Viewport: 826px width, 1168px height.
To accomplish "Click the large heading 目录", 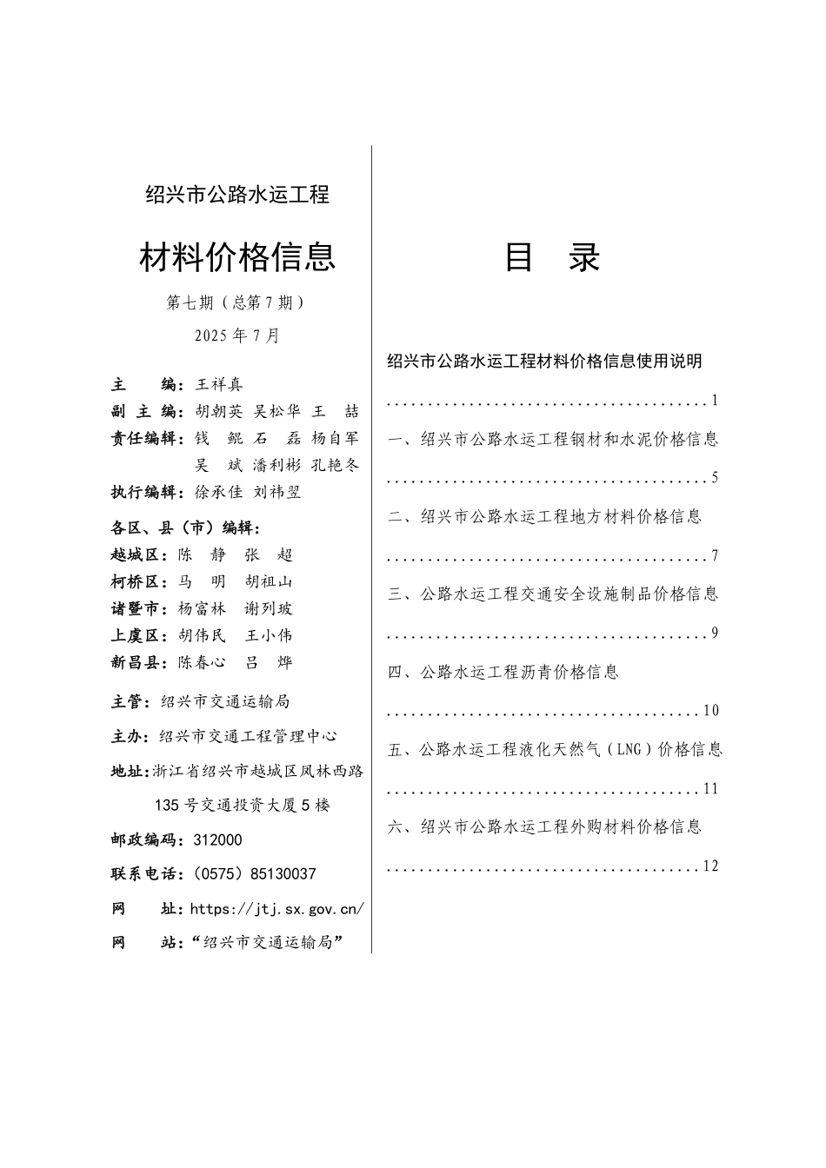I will point(552,258).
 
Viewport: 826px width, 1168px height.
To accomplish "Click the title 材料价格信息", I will point(237,257).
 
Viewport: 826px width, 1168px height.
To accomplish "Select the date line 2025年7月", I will point(237,335).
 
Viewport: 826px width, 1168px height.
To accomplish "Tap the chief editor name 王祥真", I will point(219,384).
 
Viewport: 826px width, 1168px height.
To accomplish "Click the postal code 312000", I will point(218,840).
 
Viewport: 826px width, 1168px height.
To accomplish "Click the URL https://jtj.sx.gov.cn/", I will point(276,909).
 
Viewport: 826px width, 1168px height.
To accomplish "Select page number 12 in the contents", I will point(711,866).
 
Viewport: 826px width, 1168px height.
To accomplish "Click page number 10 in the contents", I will point(711,711).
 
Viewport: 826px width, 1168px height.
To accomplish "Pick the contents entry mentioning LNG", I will point(555,749).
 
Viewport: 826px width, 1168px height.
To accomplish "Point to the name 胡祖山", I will point(269,581).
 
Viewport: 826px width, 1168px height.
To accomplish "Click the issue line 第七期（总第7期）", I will point(236,302).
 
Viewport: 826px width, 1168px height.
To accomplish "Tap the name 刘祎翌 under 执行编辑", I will point(276,492).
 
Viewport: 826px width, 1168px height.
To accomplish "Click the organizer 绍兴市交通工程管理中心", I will point(249,736).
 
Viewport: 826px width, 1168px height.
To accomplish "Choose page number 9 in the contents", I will point(715,634).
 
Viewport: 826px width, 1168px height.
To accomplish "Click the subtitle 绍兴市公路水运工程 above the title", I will point(237,195).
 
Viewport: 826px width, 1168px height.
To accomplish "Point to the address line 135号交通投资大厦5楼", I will point(242,806).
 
